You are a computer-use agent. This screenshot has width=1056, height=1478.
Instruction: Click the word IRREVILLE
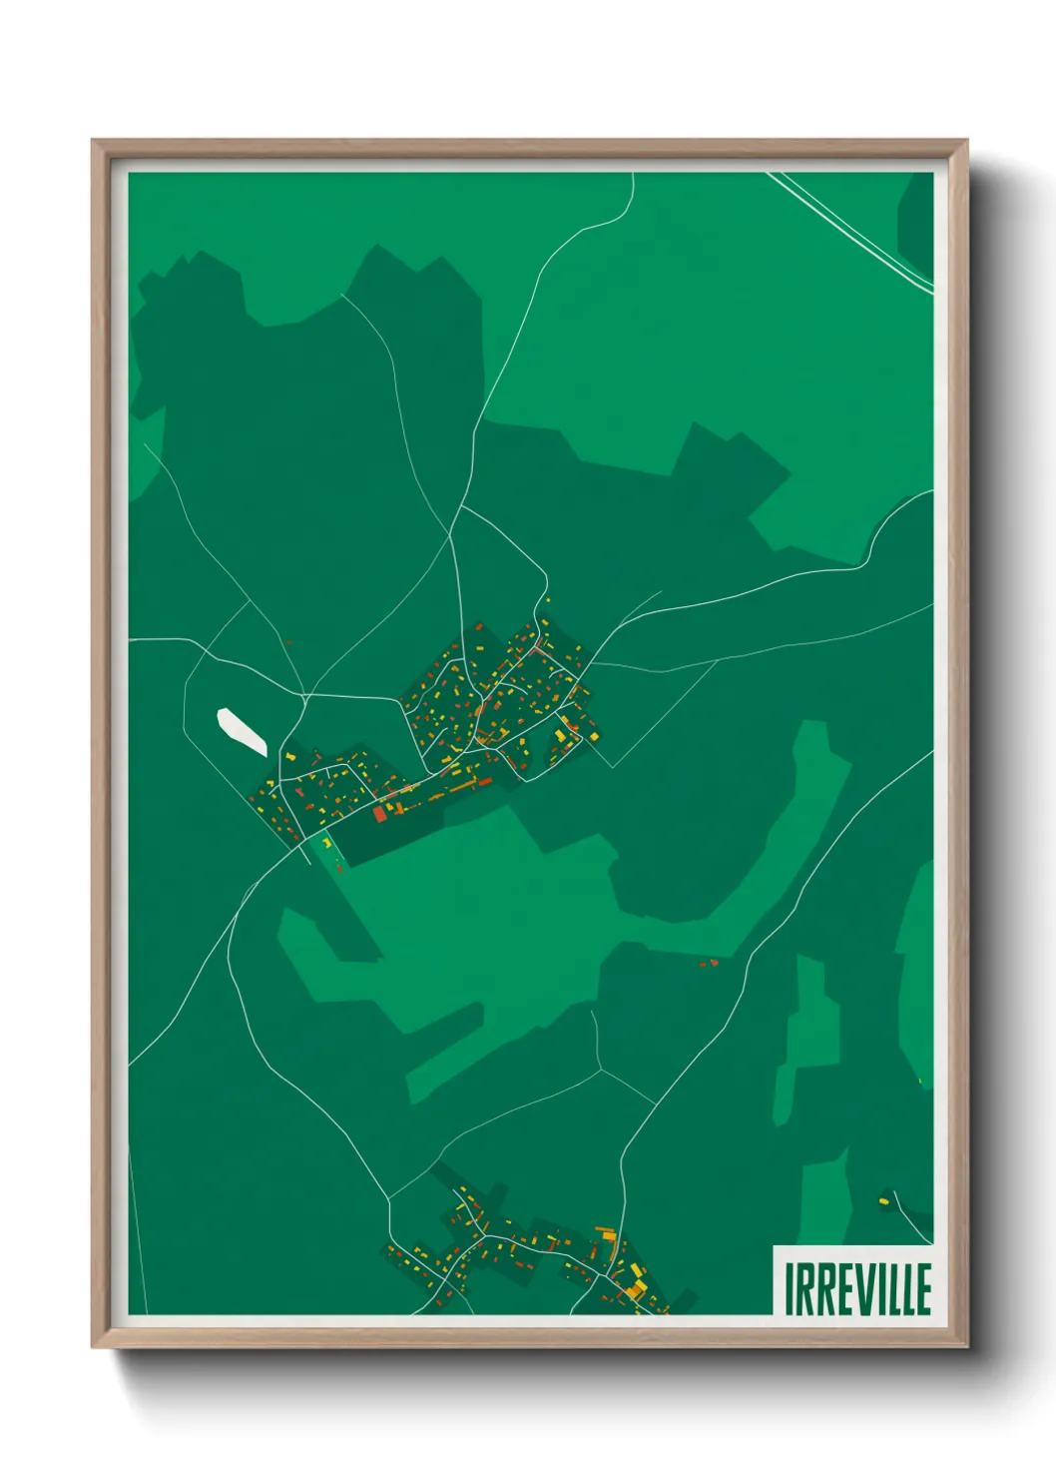(x=857, y=1288)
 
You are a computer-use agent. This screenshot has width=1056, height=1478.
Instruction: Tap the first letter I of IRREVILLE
(x=790, y=1289)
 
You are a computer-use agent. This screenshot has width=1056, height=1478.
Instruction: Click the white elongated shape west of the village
(x=242, y=732)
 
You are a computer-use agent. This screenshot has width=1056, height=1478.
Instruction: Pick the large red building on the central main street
(x=379, y=814)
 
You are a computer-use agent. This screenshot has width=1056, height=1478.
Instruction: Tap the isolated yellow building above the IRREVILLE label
(x=883, y=1200)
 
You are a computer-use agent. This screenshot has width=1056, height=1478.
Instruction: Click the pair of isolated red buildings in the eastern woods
(x=709, y=963)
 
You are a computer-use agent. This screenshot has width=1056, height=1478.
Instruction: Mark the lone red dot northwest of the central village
(x=287, y=643)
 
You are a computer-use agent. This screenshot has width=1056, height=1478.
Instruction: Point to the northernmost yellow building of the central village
(x=546, y=599)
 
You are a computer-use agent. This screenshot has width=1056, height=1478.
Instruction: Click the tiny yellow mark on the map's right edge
(x=919, y=1080)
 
